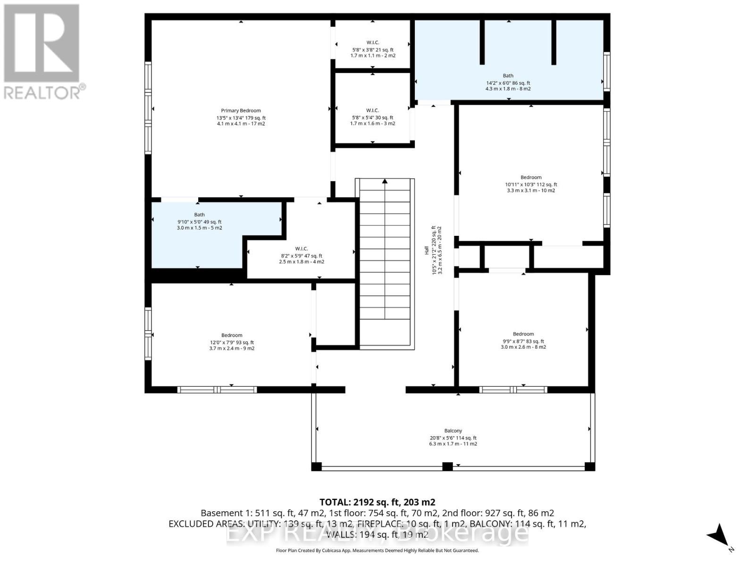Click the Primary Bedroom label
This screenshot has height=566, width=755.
pyautogui.click(x=241, y=111)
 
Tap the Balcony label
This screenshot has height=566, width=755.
pyautogui.click(x=453, y=431)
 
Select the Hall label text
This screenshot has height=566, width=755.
pyautogui.click(x=427, y=250)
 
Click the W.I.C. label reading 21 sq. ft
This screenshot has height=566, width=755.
pyautogui.click(x=372, y=42)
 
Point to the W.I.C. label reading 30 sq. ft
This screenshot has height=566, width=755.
pyautogui.click(x=372, y=110)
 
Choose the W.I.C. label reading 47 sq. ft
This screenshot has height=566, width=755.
pyautogui.click(x=302, y=249)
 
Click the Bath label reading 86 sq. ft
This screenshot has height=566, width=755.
pyautogui.click(x=508, y=75)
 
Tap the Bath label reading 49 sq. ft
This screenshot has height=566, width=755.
pyautogui.click(x=199, y=215)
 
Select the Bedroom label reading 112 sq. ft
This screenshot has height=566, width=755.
pyautogui.click(x=531, y=177)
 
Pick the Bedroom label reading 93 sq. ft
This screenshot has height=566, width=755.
pyautogui.click(x=232, y=335)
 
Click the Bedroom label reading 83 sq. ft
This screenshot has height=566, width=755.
pyautogui.click(x=523, y=334)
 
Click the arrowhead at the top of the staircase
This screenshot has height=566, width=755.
pyautogui.click(x=385, y=181)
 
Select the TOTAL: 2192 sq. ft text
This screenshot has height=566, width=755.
pyautogui.click(x=377, y=502)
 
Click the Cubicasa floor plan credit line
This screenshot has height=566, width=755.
pyautogui.click(x=377, y=550)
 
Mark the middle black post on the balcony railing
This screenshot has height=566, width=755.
pyautogui.click(x=447, y=466)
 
